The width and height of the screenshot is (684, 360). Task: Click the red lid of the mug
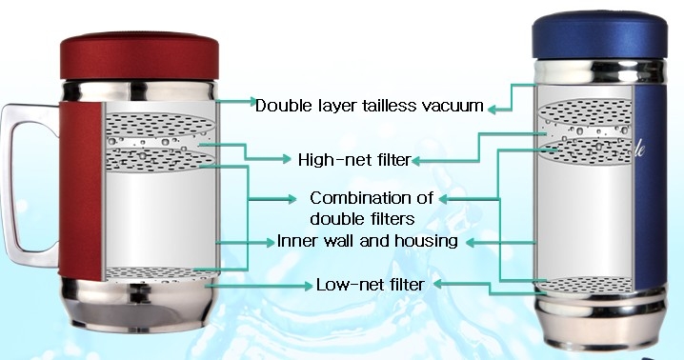139,56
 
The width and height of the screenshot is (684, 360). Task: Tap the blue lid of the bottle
600,36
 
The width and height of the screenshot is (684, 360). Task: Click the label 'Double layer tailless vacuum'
369,106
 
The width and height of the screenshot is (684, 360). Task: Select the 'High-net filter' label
354,160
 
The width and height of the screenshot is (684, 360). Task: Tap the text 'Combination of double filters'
371,209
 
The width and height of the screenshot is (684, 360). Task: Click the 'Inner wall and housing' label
368,241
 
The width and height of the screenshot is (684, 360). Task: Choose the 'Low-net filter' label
370,285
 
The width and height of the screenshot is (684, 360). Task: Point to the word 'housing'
426,241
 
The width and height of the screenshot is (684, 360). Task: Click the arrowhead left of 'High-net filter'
286,159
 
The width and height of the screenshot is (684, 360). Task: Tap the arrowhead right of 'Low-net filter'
438,284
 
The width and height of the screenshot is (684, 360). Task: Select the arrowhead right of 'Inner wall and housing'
471,242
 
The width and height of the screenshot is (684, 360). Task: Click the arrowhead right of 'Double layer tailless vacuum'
493,110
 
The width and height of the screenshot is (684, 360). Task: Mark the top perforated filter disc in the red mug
160,125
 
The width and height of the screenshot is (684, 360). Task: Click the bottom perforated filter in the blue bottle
586,285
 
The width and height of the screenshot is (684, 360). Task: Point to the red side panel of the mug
81,190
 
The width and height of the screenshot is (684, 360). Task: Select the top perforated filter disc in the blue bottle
586,111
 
